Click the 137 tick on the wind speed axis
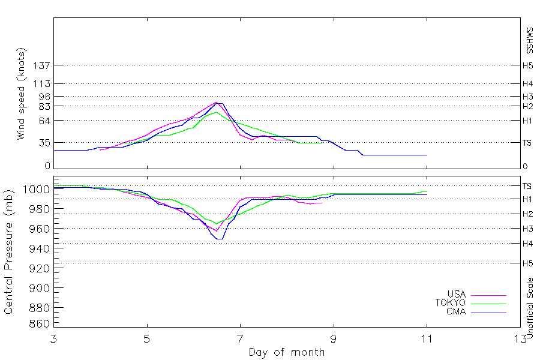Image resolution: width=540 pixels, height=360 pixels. pyautogui.click(x=41, y=65)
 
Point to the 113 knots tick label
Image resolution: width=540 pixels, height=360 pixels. pyautogui.click(x=41, y=84)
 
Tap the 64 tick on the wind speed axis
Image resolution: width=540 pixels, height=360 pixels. pyautogui.click(x=44, y=121)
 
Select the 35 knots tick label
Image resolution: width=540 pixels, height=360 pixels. pyautogui.click(x=44, y=143)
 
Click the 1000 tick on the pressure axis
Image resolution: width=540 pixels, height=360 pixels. pyautogui.click(x=36, y=189)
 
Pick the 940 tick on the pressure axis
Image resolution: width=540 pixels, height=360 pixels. pyautogui.click(x=38, y=248)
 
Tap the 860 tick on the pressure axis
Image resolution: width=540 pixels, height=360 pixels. pyautogui.click(x=38, y=323)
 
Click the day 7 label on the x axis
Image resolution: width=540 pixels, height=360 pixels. pyautogui.click(x=241, y=339)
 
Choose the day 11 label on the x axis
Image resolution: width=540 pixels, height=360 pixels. pyautogui.click(x=427, y=339)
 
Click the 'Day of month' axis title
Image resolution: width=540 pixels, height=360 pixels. pyautogui.click(x=287, y=352)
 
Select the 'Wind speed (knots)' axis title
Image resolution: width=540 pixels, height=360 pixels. pyautogui.click(x=21, y=94)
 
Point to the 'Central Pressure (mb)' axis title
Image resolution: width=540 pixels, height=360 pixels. pyautogui.click(x=8, y=252)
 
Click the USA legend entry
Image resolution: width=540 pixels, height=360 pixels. pyautogui.click(x=457, y=294)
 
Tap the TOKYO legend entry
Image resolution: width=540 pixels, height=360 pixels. pyautogui.click(x=451, y=303)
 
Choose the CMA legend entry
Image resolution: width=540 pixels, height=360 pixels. pyautogui.click(x=457, y=311)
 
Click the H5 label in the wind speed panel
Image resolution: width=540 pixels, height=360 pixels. pyautogui.click(x=527, y=65)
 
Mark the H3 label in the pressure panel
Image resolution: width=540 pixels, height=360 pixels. pyautogui.click(x=527, y=229)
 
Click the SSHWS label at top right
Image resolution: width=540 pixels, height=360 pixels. pyautogui.click(x=530, y=41)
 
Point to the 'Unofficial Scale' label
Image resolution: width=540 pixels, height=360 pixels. pyautogui.click(x=530, y=308)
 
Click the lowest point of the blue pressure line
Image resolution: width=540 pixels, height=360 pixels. pyautogui.click(x=220, y=239)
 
